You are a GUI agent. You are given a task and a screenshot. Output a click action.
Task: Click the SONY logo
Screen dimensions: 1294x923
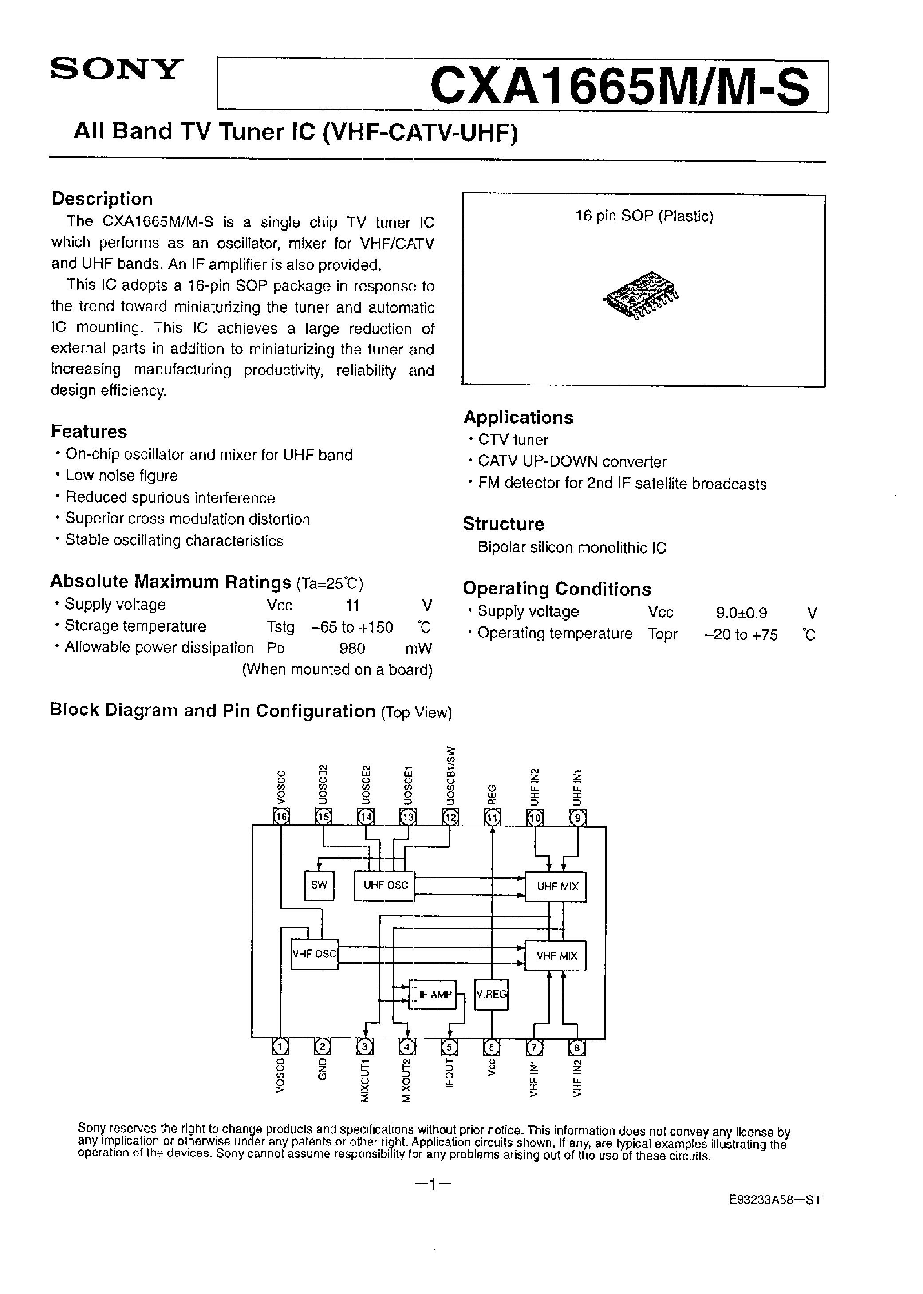click(117, 69)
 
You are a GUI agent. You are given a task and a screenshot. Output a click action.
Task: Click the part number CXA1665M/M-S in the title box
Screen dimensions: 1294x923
click(619, 87)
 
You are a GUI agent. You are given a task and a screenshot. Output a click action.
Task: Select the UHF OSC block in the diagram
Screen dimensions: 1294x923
click(385, 885)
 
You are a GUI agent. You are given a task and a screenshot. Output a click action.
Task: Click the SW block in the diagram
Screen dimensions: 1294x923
click(319, 885)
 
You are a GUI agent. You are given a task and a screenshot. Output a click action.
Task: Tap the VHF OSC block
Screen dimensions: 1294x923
click(314, 954)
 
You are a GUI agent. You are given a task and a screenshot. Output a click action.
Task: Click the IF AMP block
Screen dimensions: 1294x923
click(434, 995)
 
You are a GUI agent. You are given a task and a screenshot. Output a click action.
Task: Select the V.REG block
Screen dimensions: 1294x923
click(492, 995)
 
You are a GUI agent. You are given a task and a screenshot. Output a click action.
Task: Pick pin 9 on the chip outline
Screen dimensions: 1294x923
click(577, 818)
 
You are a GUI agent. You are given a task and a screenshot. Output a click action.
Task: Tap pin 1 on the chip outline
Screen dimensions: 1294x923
click(280, 1046)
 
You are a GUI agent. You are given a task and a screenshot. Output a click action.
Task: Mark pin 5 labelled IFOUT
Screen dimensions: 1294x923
click(450, 1046)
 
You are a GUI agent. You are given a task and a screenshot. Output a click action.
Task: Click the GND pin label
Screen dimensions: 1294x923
click(322, 1069)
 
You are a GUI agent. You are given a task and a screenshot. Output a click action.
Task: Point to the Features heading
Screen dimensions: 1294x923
click(89, 432)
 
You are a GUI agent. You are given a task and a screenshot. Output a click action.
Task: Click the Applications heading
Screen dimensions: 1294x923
click(518, 417)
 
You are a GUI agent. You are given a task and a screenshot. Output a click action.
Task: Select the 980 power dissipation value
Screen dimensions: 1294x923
click(352, 648)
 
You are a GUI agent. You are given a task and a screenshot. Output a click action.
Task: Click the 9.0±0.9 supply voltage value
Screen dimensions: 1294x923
click(741, 613)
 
